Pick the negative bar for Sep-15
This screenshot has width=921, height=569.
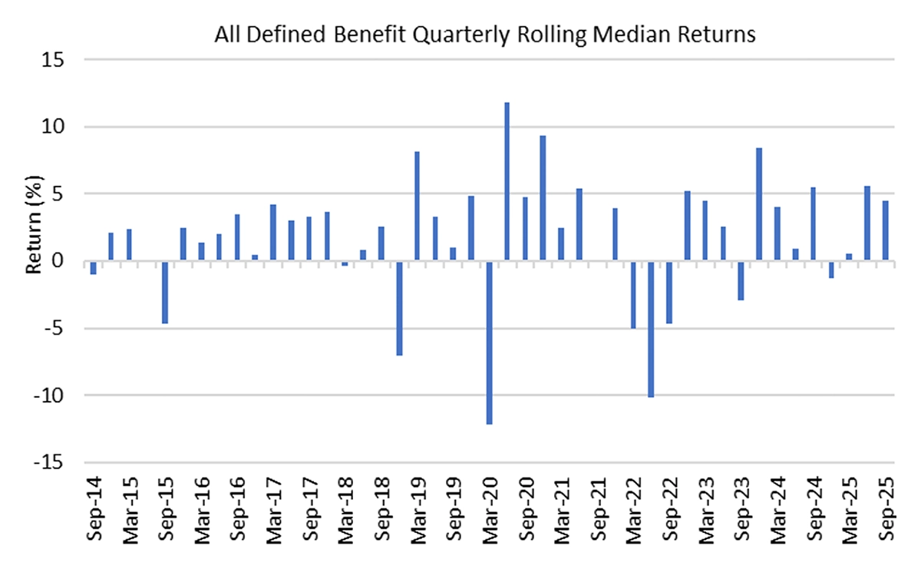(165, 293)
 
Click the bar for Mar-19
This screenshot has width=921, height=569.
(417, 207)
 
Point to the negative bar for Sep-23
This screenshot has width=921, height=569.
(741, 281)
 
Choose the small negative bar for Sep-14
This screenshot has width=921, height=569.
(93, 268)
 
